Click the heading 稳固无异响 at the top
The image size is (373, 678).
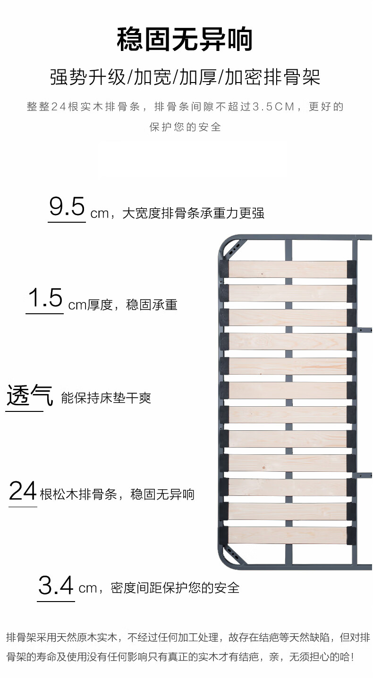(185, 40)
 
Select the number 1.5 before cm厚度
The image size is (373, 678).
(45, 298)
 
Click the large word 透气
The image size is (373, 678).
(29, 395)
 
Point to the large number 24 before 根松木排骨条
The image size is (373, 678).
(23, 491)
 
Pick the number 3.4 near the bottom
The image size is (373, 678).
(56, 586)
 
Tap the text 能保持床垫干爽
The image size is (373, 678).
(106, 398)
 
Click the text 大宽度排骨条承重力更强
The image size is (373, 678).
(193, 213)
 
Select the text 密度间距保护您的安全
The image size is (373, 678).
(175, 588)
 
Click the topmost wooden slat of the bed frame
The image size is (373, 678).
(288, 269)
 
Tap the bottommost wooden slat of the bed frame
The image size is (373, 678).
(288, 536)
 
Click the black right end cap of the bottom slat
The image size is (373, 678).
(351, 536)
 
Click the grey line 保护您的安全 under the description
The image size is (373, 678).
(185, 127)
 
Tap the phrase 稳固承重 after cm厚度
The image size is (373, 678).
(152, 305)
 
